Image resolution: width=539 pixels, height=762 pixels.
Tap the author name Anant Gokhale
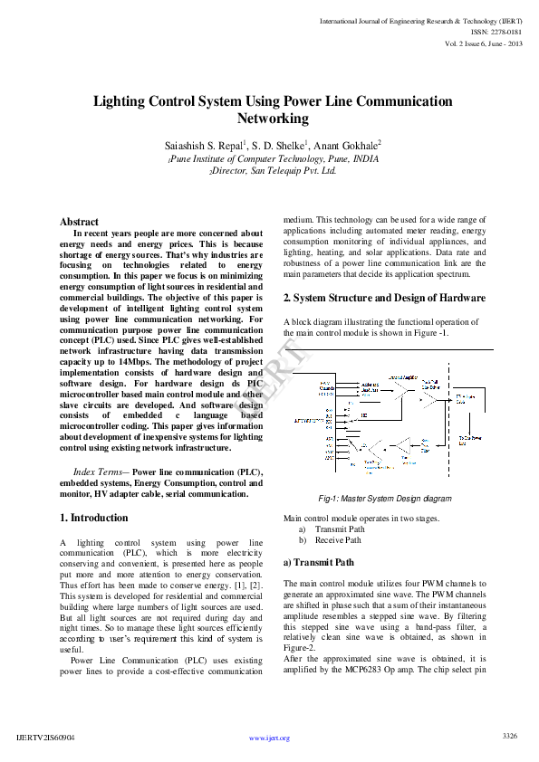tap(348, 145)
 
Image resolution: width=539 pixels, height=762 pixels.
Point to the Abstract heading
tap(79, 222)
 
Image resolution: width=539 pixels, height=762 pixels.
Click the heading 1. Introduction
tap(93, 518)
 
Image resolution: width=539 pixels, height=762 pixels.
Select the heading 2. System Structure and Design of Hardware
tap(384, 298)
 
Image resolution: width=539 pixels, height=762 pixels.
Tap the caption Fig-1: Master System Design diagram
tap(384, 499)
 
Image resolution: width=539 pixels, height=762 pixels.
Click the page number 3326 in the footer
tap(509, 736)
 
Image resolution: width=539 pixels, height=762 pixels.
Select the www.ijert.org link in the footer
tap(269, 738)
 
